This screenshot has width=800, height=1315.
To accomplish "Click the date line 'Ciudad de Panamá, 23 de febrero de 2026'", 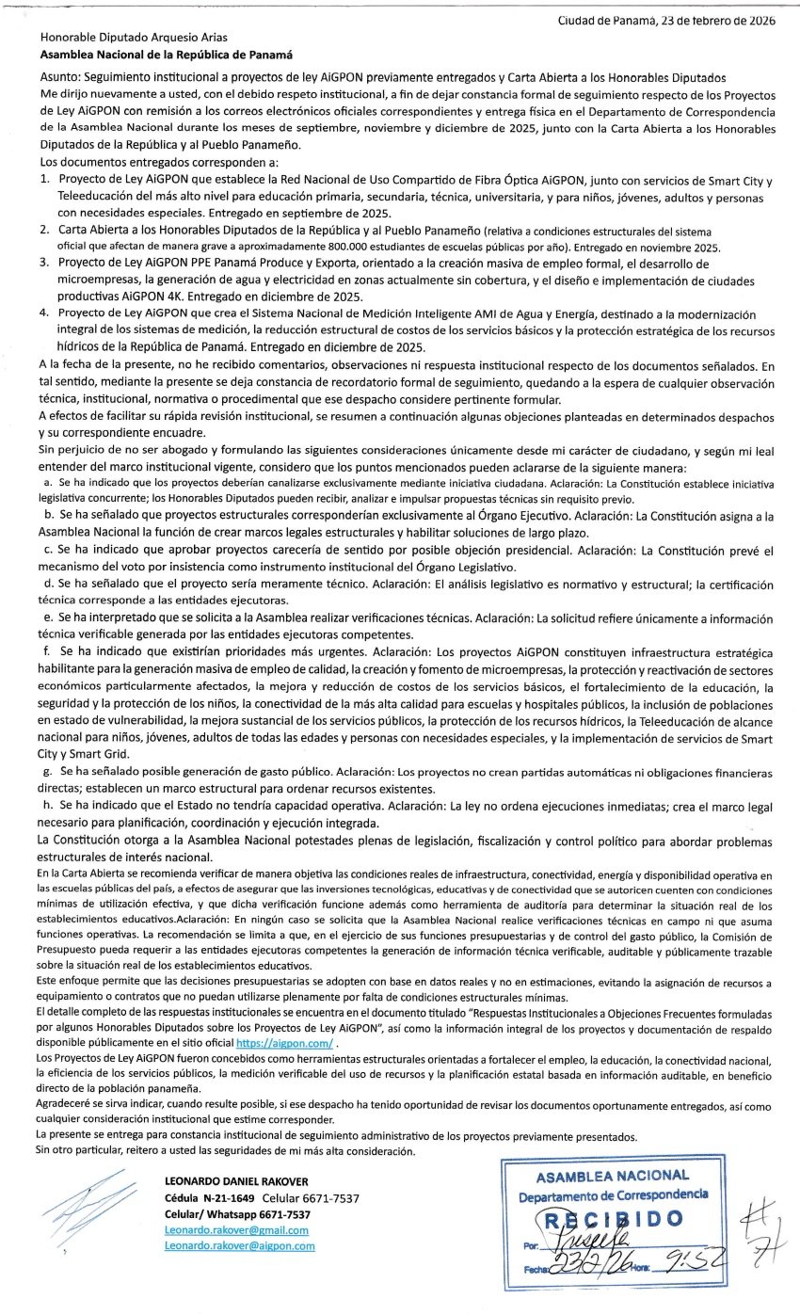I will pos(666,21).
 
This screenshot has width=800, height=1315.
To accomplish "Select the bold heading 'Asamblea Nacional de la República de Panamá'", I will pos(168,56).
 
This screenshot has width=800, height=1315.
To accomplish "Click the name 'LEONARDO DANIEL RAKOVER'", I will pos(235,1181).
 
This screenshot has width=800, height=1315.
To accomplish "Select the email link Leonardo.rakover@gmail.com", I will pos(236,1230).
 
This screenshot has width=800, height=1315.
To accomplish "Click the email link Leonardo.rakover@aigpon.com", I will pos(239,1245).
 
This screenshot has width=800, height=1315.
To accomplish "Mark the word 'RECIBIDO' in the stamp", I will pos(611,1219).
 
